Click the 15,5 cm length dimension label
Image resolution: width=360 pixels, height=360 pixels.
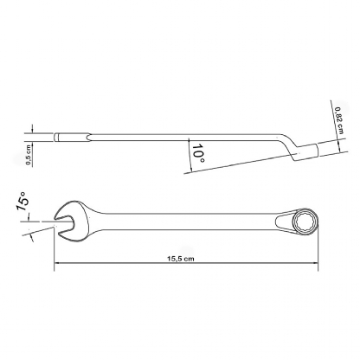point(181,259)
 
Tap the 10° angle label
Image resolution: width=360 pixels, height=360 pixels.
point(198,152)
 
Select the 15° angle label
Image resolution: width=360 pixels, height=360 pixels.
point(22,202)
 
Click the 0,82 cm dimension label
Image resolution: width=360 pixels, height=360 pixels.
point(339,120)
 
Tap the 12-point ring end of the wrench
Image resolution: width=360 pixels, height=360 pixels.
point(306,222)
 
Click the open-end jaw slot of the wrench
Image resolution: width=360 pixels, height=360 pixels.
point(64,222)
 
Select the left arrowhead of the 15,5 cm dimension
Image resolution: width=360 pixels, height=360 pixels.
point(57,263)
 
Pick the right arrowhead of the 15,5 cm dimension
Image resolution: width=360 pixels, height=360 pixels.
point(315,263)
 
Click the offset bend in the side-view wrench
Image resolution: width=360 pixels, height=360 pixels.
point(289,145)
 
